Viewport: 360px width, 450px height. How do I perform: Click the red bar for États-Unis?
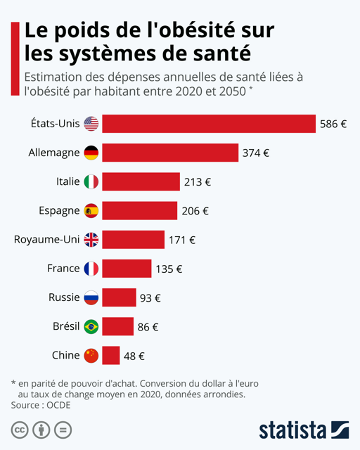(209, 124)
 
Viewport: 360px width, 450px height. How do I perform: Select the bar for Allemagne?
(170, 153)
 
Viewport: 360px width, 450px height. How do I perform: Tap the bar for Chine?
(111, 356)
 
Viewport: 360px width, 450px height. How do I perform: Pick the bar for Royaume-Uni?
(133, 240)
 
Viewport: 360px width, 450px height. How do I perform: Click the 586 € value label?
(333, 124)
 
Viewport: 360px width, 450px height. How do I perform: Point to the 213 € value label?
(198, 182)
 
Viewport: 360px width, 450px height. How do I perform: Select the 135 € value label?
(169, 269)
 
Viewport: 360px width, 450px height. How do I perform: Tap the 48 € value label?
(134, 356)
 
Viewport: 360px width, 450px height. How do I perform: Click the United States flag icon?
(91, 124)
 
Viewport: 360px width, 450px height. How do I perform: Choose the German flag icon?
(91, 153)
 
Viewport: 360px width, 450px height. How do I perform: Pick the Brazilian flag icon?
(91, 326)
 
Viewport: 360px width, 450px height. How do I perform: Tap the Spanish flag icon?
(91, 210)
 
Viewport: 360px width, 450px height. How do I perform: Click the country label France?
(63, 269)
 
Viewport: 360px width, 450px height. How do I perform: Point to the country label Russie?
(64, 297)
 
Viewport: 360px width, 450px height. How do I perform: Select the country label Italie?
(67, 181)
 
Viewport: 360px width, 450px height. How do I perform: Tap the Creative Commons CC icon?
(20, 430)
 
